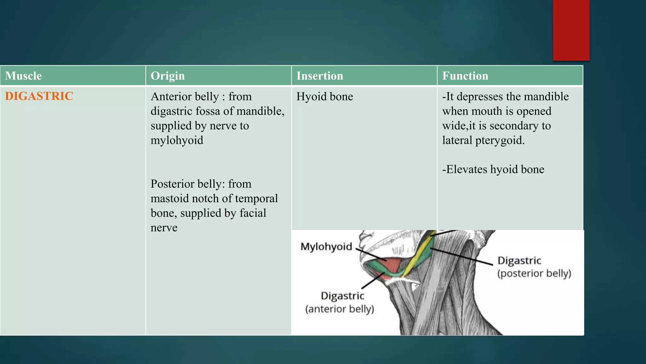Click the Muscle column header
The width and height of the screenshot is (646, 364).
[x=23, y=76]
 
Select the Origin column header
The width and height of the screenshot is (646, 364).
[x=167, y=76]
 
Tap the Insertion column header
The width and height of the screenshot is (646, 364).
[x=320, y=76]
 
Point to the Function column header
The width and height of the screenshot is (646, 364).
[x=465, y=76]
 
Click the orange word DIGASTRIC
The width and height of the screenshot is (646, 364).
[x=39, y=96]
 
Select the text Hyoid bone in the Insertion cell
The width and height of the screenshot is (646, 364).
[x=325, y=96]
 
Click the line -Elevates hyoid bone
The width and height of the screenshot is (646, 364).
[x=493, y=169]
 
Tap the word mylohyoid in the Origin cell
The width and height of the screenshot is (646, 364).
[x=177, y=140]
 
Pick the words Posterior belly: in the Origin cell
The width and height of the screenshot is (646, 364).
[x=188, y=184]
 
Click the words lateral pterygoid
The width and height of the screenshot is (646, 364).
[x=483, y=140]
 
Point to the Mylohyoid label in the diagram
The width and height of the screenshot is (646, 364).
[x=326, y=246]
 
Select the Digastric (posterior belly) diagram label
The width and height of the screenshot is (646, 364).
[x=534, y=267]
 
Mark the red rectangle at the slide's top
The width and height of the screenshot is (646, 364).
[x=571, y=30]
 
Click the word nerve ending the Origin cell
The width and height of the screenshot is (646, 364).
[x=164, y=227]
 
